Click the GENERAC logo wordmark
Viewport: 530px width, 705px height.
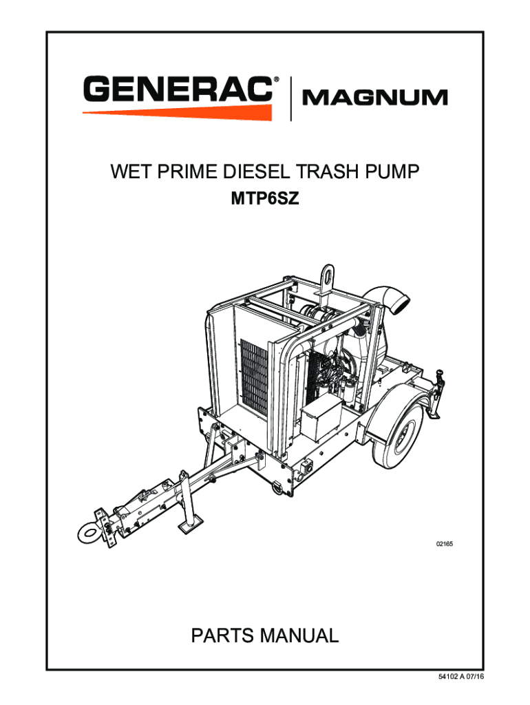pyautogui.click(x=178, y=90)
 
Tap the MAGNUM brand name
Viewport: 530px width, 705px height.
pyautogui.click(x=375, y=98)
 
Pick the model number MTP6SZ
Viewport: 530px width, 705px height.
pyautogui.click(x=264, y=200)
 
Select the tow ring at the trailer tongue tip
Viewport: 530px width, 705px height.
pyautogui.click(x=88, y=532)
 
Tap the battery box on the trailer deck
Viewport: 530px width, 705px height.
pyautogui.click(x=322, y=421)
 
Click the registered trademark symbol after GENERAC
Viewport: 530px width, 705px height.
pyautogui.click(x=277, y=80)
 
